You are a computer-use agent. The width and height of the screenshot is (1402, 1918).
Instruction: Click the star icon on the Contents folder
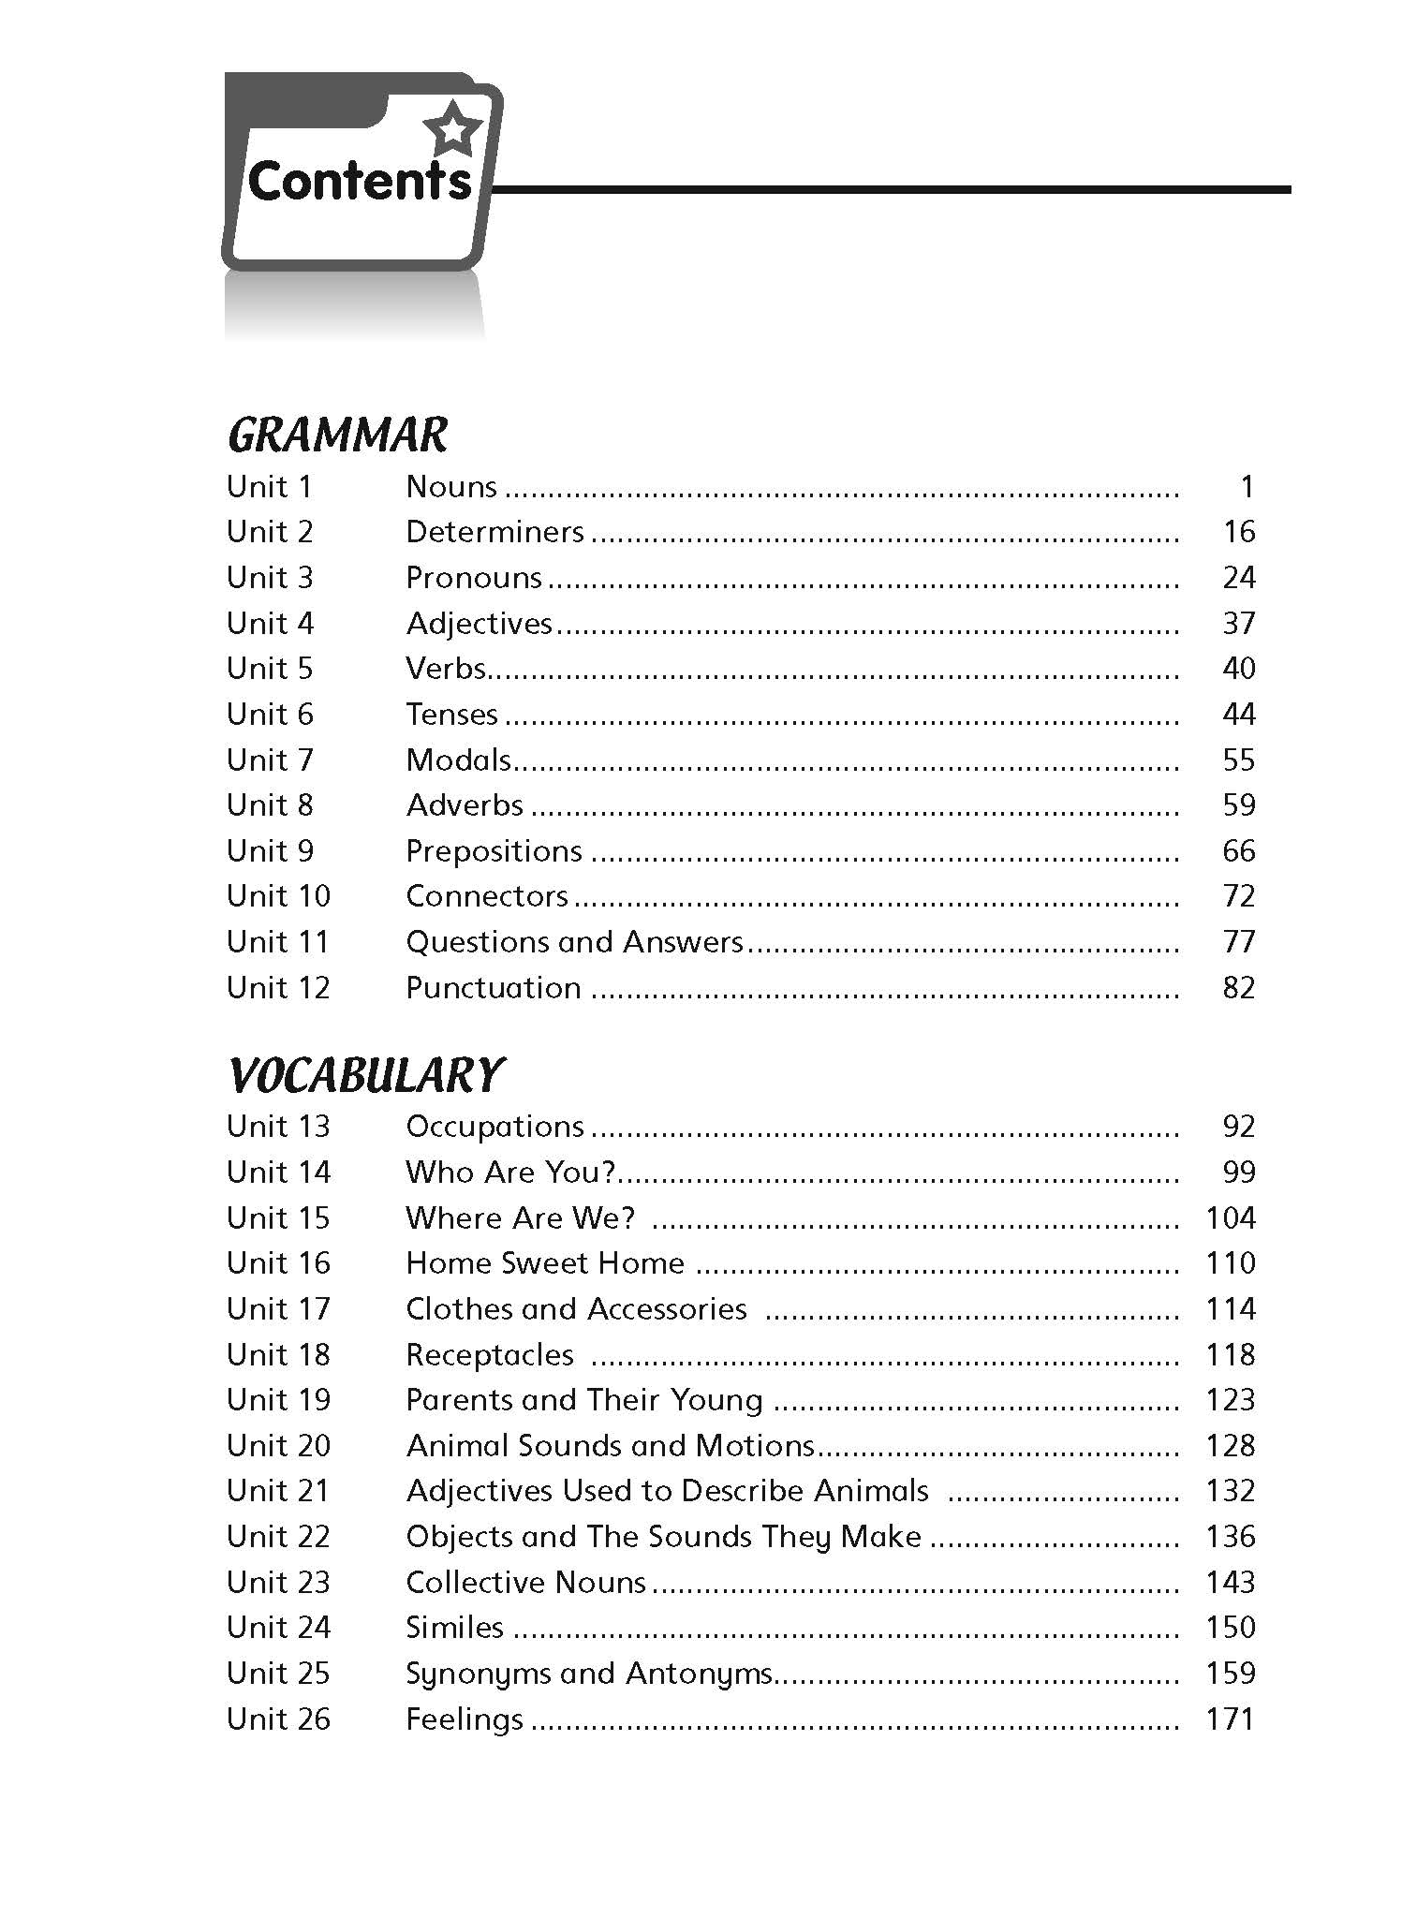tap(452, 126)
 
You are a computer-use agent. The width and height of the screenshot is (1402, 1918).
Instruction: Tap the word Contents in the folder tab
tap(360, 181)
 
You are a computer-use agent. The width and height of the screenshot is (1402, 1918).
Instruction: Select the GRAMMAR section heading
tap(338, 435)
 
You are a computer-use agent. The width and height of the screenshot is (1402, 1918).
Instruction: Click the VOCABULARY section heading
tap(366, 1075)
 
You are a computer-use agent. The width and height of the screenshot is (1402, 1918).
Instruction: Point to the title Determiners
tap(494, 532)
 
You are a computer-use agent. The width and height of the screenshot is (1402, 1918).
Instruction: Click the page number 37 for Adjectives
tap(1238, 623)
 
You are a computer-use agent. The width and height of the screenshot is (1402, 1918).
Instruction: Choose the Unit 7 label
tap(270, 760)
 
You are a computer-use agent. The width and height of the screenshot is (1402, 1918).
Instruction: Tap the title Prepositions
tap(494, 851)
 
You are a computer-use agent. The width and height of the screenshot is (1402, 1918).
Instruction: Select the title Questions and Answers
tap(574, 942)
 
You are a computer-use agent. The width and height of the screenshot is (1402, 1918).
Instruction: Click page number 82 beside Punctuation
tap(1238, 988)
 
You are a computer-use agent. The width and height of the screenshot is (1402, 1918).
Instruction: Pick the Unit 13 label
tap(278, 1127)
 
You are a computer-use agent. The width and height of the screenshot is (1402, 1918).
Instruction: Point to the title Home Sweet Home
tap(545, 1263)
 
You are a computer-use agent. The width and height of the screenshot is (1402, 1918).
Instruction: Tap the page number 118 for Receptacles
tap(1230, 1355)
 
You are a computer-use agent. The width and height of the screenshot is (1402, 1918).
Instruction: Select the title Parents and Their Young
tap(584, 1400)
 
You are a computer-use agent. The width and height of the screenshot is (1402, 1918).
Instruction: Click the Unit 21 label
tap(278, 1491)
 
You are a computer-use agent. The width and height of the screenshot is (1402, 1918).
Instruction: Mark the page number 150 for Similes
tap(1230, 1628)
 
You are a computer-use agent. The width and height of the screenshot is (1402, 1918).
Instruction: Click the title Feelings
tap(465, 1719)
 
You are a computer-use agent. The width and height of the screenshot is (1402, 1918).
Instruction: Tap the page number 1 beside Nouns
tap(1246, 487)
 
